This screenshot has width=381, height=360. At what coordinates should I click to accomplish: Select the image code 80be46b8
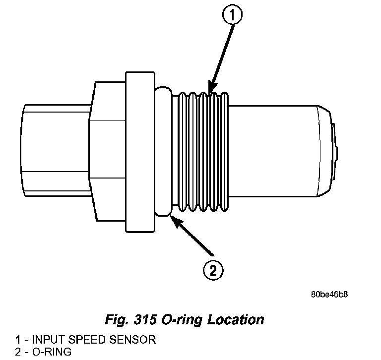coord(329,295)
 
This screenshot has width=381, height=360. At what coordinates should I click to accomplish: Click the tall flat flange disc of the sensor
coord(139,152)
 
